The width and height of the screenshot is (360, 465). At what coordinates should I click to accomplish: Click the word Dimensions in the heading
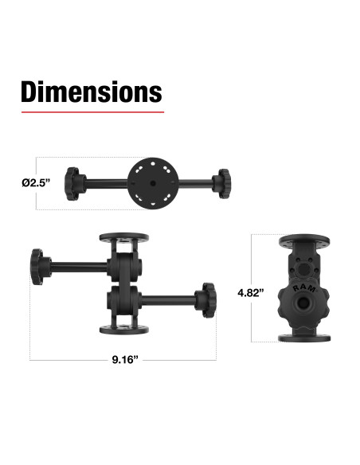tap(91, 92)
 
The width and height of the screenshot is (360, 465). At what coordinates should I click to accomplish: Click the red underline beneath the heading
tap(91, 112)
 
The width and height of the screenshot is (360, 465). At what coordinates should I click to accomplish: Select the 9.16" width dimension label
tap(125, 361)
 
